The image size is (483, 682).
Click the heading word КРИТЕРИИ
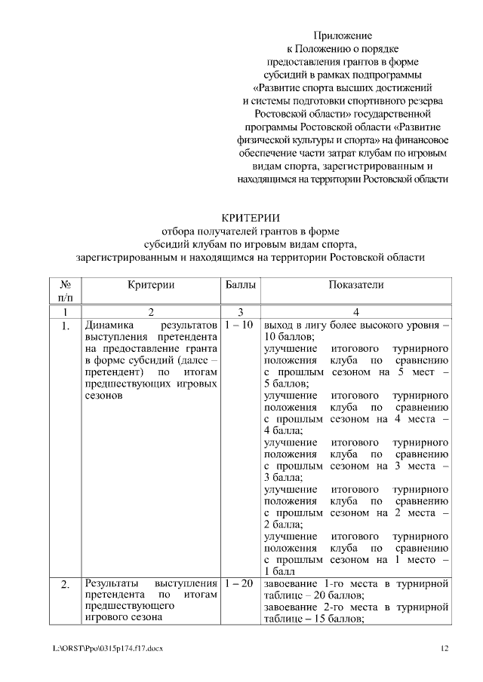[241, 218]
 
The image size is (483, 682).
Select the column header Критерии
[151, 285]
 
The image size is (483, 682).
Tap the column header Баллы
[240, 285]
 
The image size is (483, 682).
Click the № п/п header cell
[65, 292]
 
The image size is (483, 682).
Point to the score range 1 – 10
[239, 325]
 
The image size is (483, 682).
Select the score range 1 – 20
[239, 583]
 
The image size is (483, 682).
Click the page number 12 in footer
[445, 648]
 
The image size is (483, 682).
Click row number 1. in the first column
[65, 326]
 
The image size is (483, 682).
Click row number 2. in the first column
[65, 584]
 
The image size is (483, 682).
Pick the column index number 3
[239, 312]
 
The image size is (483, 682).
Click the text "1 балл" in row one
[280, 571]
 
